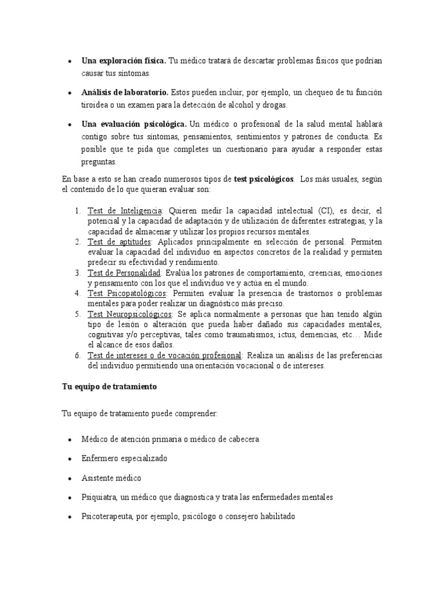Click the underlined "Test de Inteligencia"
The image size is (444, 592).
click(125, 211)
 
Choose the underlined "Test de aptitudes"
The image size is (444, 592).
click(119, 242)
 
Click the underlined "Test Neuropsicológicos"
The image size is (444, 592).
click(129, 314)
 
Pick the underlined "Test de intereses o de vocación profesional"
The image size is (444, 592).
click(165, 356)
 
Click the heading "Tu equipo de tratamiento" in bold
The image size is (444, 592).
click(109, 387)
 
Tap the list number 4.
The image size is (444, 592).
click(77, 294)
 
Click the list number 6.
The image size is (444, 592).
click(77, 356)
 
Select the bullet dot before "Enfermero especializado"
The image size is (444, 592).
click(69, 458)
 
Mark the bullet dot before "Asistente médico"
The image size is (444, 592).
click(69, 479)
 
